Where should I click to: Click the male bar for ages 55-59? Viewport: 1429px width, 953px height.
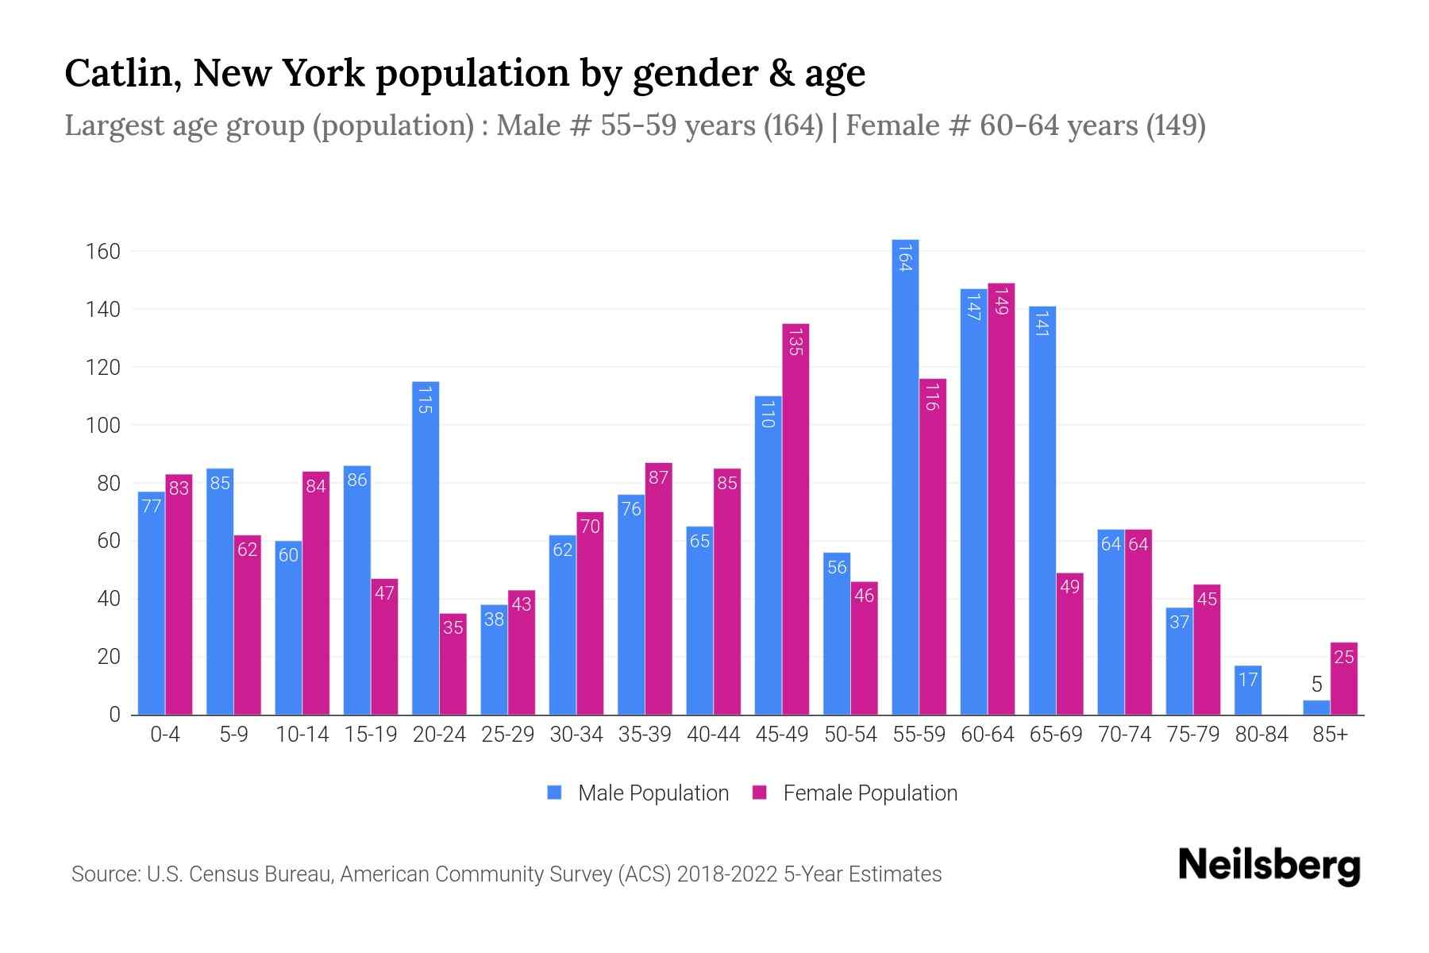[905, 476]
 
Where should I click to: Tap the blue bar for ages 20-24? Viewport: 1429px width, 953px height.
[426, 548]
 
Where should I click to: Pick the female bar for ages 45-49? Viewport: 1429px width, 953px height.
[795, 519]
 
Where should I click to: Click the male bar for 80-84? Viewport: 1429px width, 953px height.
[1248, 690]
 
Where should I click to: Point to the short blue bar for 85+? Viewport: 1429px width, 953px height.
[1316, 708]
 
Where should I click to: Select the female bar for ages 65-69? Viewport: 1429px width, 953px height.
[1069, 644]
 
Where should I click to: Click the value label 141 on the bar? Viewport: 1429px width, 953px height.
[1042, 323]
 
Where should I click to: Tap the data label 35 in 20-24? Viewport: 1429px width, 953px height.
[453, 627]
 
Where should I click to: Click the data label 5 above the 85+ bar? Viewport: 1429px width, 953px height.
[1316, 685]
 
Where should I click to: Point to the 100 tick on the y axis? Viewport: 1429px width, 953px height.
[102, 426]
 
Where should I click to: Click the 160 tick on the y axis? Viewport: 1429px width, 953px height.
[102, 252]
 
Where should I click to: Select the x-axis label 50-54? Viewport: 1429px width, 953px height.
[850, 735]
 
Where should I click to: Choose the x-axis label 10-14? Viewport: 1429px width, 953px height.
[302, 735]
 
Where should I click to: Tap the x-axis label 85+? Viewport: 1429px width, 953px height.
[1330, 735]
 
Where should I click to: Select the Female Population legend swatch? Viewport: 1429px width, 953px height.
[760, 793]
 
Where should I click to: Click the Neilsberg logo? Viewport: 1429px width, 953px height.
[1269, 866]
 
